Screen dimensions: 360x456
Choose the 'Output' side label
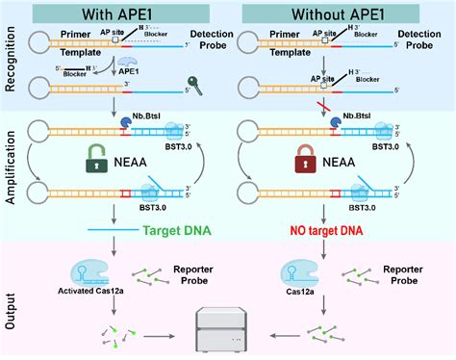[x=11, y=301]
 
